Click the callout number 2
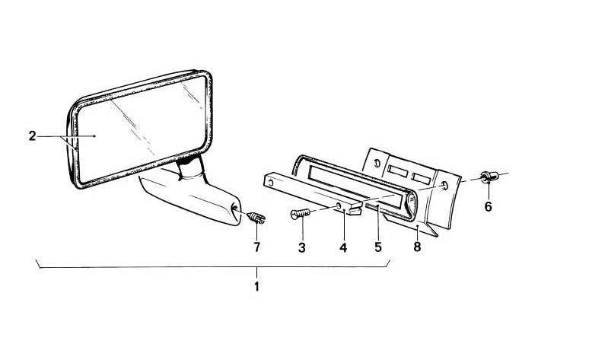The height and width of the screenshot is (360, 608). (32, 136)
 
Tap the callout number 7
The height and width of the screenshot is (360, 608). (256, 247)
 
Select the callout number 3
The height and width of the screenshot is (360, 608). (301, 247)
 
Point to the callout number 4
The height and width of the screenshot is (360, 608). (343, 247)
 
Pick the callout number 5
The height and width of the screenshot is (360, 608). (378, 247)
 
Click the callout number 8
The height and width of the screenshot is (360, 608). (417, 247)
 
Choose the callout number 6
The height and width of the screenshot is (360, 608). (488, 206)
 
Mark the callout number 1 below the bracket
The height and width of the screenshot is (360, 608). (256, 287)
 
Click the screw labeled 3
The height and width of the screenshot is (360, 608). (301, 213)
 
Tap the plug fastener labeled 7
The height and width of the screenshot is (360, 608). (256, 218)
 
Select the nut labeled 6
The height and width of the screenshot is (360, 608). (489, 177)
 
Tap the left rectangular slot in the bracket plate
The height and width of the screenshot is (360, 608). (397, 171)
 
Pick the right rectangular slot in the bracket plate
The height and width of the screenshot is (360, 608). (422, 178)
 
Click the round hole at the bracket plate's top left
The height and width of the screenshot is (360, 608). (377, 163)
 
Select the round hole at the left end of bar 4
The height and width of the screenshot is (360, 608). (271, 182)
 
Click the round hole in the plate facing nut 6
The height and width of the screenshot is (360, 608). (444, 186)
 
